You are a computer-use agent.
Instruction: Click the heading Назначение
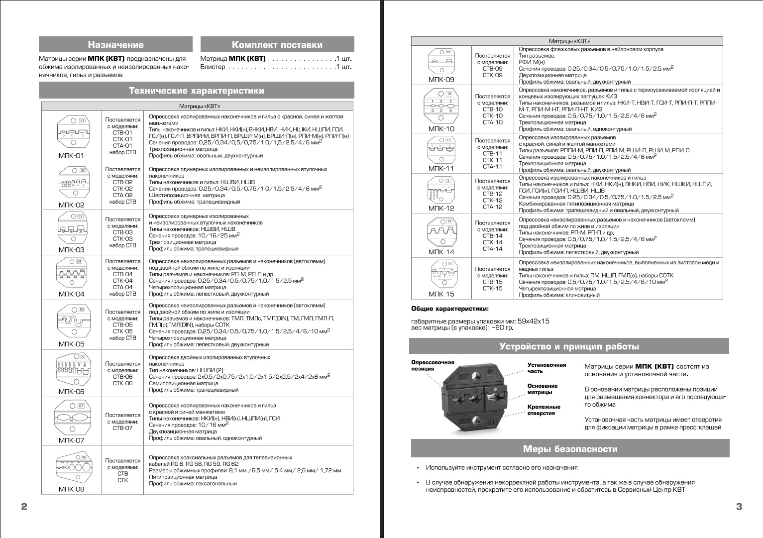(115, 45)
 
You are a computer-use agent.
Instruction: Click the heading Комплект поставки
(277, 45)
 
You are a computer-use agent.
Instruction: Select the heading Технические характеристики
(197, 91)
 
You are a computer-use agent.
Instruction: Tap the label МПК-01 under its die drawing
(72, 155)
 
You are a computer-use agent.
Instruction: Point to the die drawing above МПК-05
(73, 321)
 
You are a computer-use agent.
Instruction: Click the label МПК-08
(72, 489)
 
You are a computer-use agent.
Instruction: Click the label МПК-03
(72, 250)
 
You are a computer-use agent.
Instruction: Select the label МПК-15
(441, 294)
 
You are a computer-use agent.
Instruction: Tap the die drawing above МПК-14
(441, 231)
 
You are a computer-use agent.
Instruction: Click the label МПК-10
(441, 128)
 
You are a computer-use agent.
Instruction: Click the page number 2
(24, 507)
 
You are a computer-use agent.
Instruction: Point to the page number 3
(739, 507)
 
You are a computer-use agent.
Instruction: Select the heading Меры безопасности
(570, 449)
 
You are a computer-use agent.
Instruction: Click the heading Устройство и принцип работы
(569, 346)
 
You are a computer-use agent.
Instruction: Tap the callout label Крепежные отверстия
(544, 410)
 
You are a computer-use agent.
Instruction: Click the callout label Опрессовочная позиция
(432, 365)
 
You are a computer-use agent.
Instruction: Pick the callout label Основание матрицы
(543, 389)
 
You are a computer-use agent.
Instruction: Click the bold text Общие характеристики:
(450, 309)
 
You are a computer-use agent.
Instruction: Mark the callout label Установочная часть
(546, 368)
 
